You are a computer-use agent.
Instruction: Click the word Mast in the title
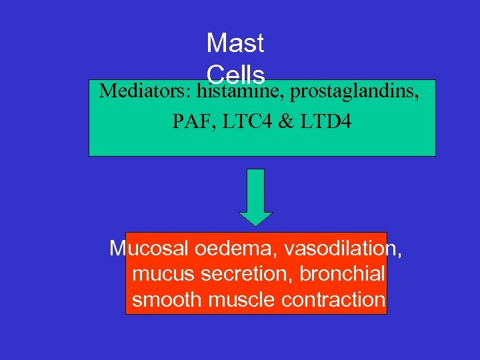[x=235, y=44]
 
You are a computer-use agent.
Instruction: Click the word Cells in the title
[x=235, y=73]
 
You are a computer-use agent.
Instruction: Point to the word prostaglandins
[x=354, y=91]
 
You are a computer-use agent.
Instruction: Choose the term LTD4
[x=327, y=122]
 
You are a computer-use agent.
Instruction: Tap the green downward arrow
[x=255, y=193]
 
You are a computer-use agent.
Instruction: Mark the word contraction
[x=333, y=299]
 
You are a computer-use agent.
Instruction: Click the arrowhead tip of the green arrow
[x=255, y=225]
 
